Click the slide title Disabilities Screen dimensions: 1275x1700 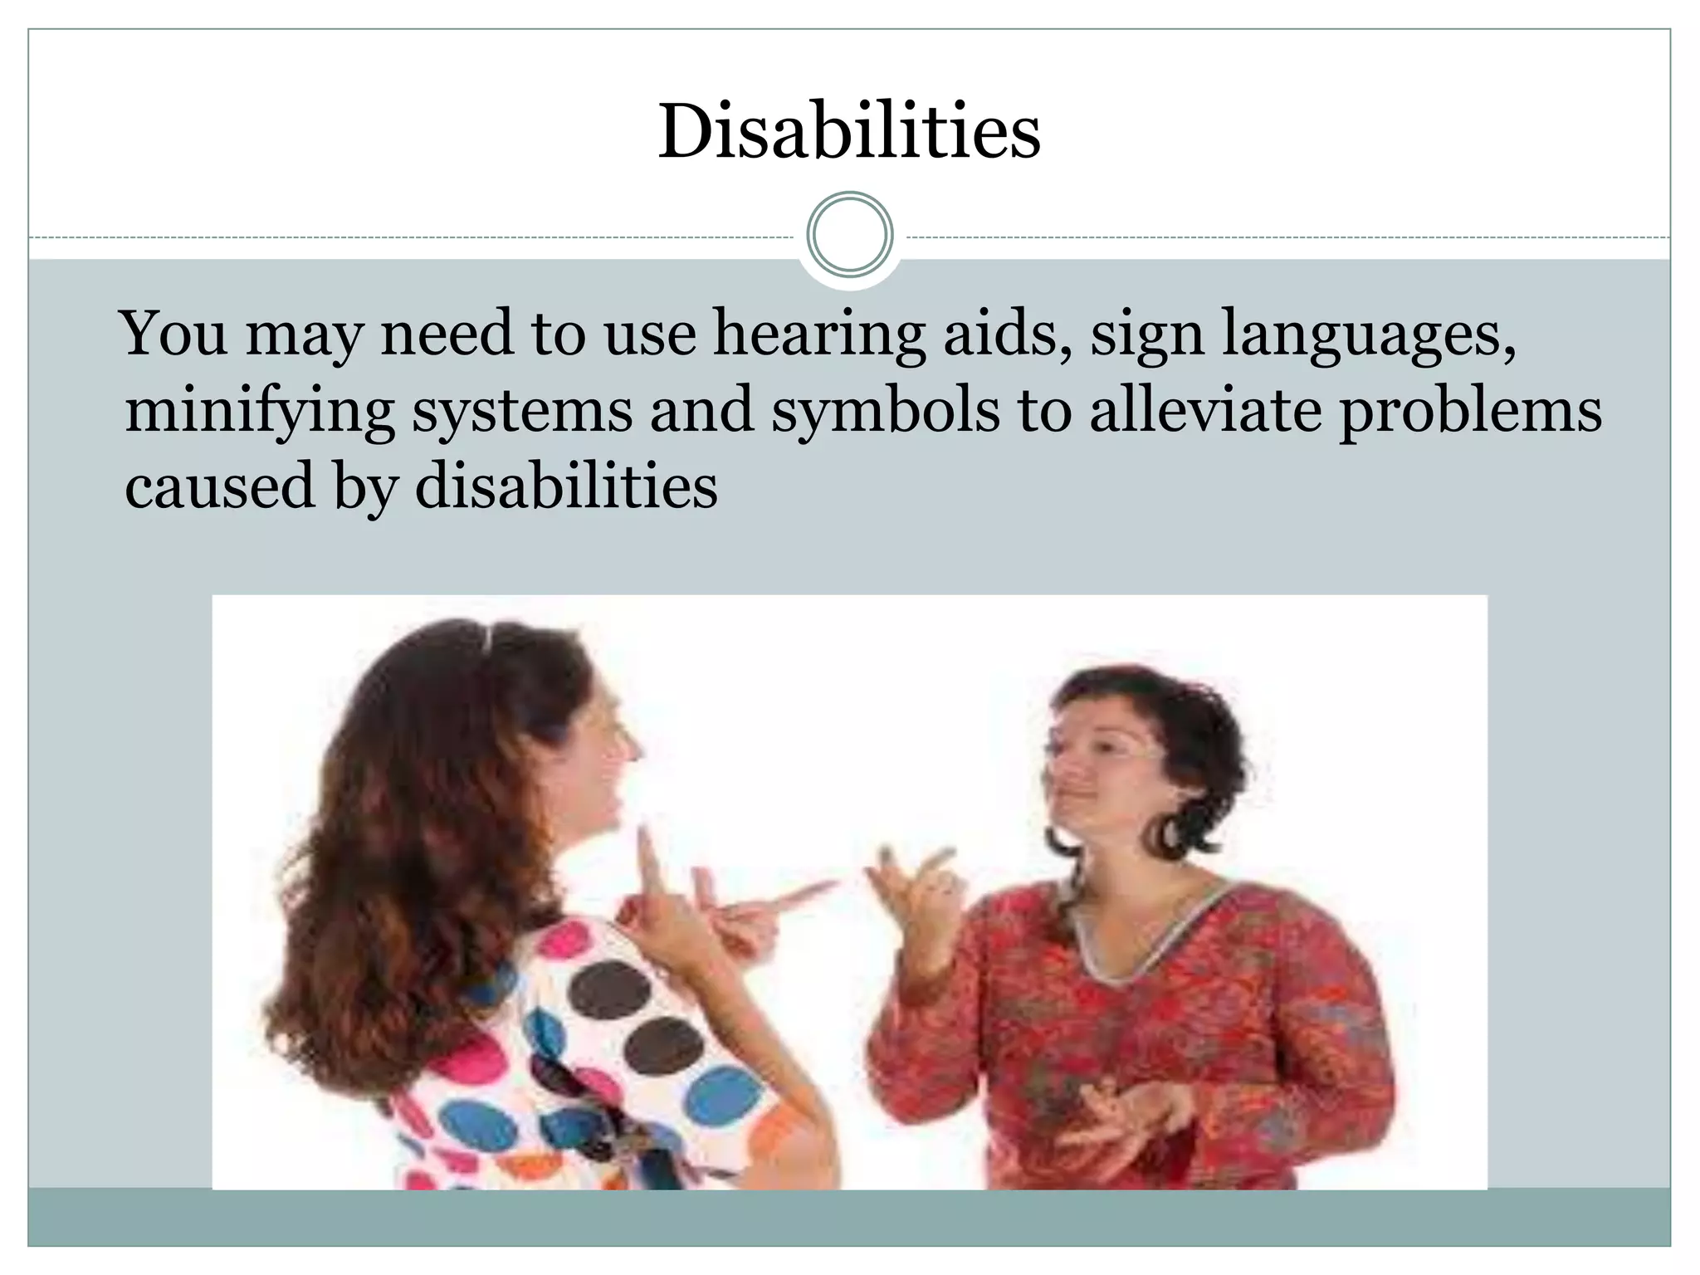849,132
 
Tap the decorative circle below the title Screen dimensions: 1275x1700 849,234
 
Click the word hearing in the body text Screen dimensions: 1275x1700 818,334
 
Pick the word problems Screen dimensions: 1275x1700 1470,411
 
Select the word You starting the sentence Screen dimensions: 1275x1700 173,333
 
